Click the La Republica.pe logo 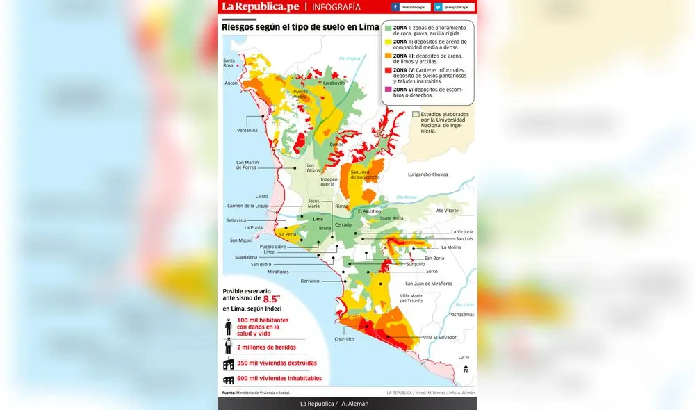coord(260,7)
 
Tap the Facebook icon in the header coord(395,7)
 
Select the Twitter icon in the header coord(438,7)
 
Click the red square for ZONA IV coord(388,70)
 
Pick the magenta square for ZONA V coord(388,90)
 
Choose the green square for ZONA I coord(388,27)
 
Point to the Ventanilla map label coord(247,130)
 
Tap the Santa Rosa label coord(229,63)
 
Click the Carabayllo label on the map coord(334,83)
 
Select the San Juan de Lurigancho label coord(365,174)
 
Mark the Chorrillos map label coord(344,339)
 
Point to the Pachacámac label coord(461,314)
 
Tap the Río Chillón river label coord(350,59)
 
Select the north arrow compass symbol coord(466,369)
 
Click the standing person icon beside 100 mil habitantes coord(228,327)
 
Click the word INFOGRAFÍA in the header coord(336,7)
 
